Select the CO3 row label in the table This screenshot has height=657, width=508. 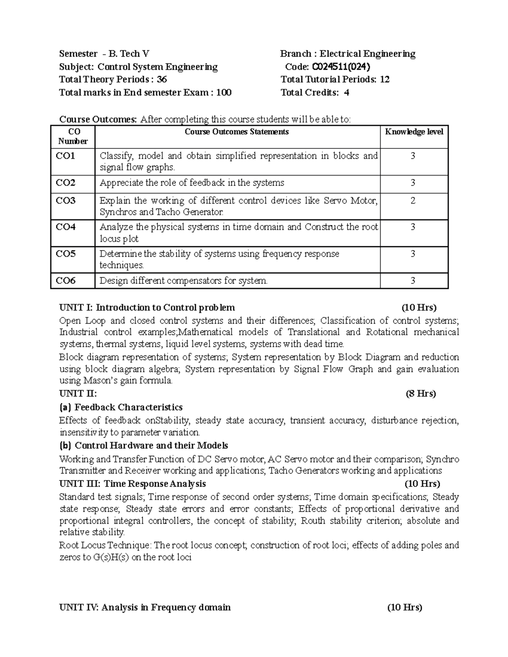coord(66,201)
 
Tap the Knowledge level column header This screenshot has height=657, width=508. coord(414,132)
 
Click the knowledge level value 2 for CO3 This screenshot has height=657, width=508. coord(413,201)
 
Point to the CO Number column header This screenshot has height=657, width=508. coord(73,136)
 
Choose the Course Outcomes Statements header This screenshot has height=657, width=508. coord(237,132)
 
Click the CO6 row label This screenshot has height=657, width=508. coord(66,280)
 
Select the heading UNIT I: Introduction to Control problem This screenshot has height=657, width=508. coord(147,308)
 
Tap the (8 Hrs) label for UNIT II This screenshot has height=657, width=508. coord(420,394)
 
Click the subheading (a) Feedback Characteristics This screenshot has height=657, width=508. coord(121,407)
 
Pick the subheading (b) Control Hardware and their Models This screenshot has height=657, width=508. coord(144,445)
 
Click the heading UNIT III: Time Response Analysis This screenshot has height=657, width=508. coord(133,484)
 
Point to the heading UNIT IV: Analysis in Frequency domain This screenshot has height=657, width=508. coord(145,608)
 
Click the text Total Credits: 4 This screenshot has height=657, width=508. coord(315,93)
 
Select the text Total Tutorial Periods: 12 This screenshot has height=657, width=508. coord(335,80)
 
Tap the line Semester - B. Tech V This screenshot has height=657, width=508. coord(104,54)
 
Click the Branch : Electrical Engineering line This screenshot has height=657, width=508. coord(348,54)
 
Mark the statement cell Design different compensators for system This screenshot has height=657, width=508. coord(183,280)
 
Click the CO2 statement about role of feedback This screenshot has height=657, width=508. coord(192,183)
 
